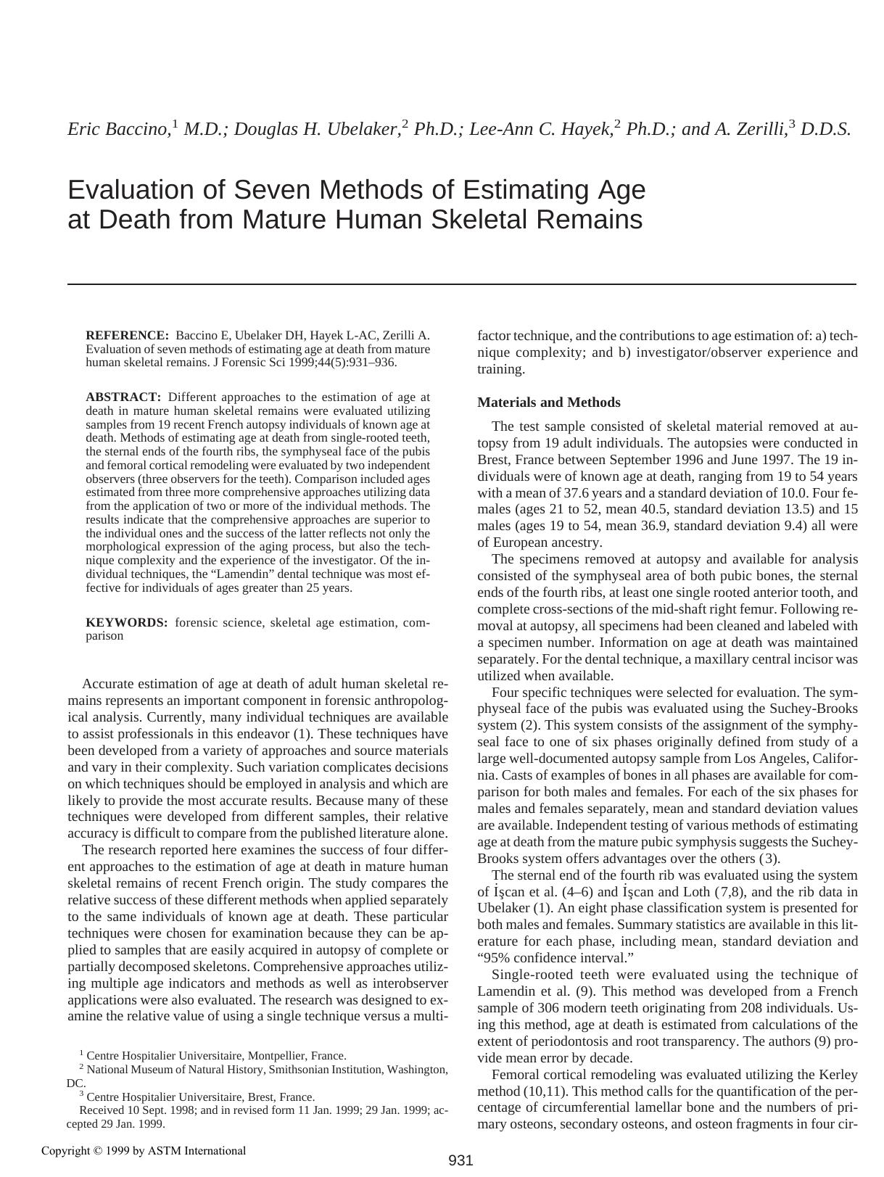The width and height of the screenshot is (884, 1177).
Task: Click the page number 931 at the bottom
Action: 460,1160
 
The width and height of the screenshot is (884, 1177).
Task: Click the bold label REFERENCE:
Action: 127,336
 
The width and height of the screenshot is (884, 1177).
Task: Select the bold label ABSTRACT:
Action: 123,397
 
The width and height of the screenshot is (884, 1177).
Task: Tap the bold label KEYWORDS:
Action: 127,623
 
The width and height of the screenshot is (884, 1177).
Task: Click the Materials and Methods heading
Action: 549,402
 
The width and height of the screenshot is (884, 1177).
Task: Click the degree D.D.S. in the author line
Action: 825,129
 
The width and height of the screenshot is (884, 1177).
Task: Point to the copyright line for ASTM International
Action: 144,1151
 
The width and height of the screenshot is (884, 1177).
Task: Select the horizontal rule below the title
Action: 462,284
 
